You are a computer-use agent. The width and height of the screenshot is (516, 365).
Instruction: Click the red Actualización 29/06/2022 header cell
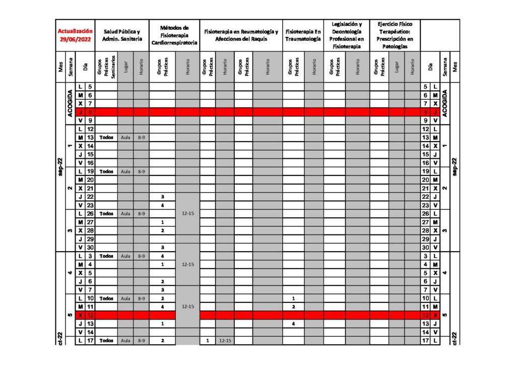[x=75, y=34]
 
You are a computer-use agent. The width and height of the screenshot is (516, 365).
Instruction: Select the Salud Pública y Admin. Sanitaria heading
[x=122, y=34]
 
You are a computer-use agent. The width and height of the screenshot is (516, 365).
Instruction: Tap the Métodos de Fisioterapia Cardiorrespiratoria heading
[x=174, y=34]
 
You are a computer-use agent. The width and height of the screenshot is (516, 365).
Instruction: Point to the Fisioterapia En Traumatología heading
[x=302, y=34]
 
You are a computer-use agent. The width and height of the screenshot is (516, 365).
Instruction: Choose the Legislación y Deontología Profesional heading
[x=346, y=34]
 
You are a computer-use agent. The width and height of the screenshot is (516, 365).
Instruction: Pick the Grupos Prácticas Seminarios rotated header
[x=106, y=66]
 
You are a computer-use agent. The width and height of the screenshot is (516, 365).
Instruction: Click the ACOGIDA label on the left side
[x=70, y=103]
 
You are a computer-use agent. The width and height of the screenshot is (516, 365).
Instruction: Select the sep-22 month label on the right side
[x=455, y=166]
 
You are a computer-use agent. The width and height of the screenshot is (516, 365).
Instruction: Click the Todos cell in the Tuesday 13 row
[x=106, y=137]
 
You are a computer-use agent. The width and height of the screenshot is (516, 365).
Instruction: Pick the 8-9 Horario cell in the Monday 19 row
[x=141, y=171]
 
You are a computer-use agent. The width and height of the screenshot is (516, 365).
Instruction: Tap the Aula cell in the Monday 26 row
[x=125, y=213]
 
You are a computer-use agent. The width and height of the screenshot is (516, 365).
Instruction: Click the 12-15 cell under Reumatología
[x=225, y=341]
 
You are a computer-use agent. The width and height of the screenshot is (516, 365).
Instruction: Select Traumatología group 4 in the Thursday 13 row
[x=293, y=324]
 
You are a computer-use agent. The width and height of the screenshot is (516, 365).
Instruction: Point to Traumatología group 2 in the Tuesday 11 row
[x=293, y=307]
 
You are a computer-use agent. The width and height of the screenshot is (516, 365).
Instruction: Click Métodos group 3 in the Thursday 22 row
[x=162, y=197]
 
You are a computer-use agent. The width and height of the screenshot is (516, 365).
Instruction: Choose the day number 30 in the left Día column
[x=90, y=247]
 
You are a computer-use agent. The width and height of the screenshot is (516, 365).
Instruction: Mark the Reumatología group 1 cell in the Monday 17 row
[x=208, y=341]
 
